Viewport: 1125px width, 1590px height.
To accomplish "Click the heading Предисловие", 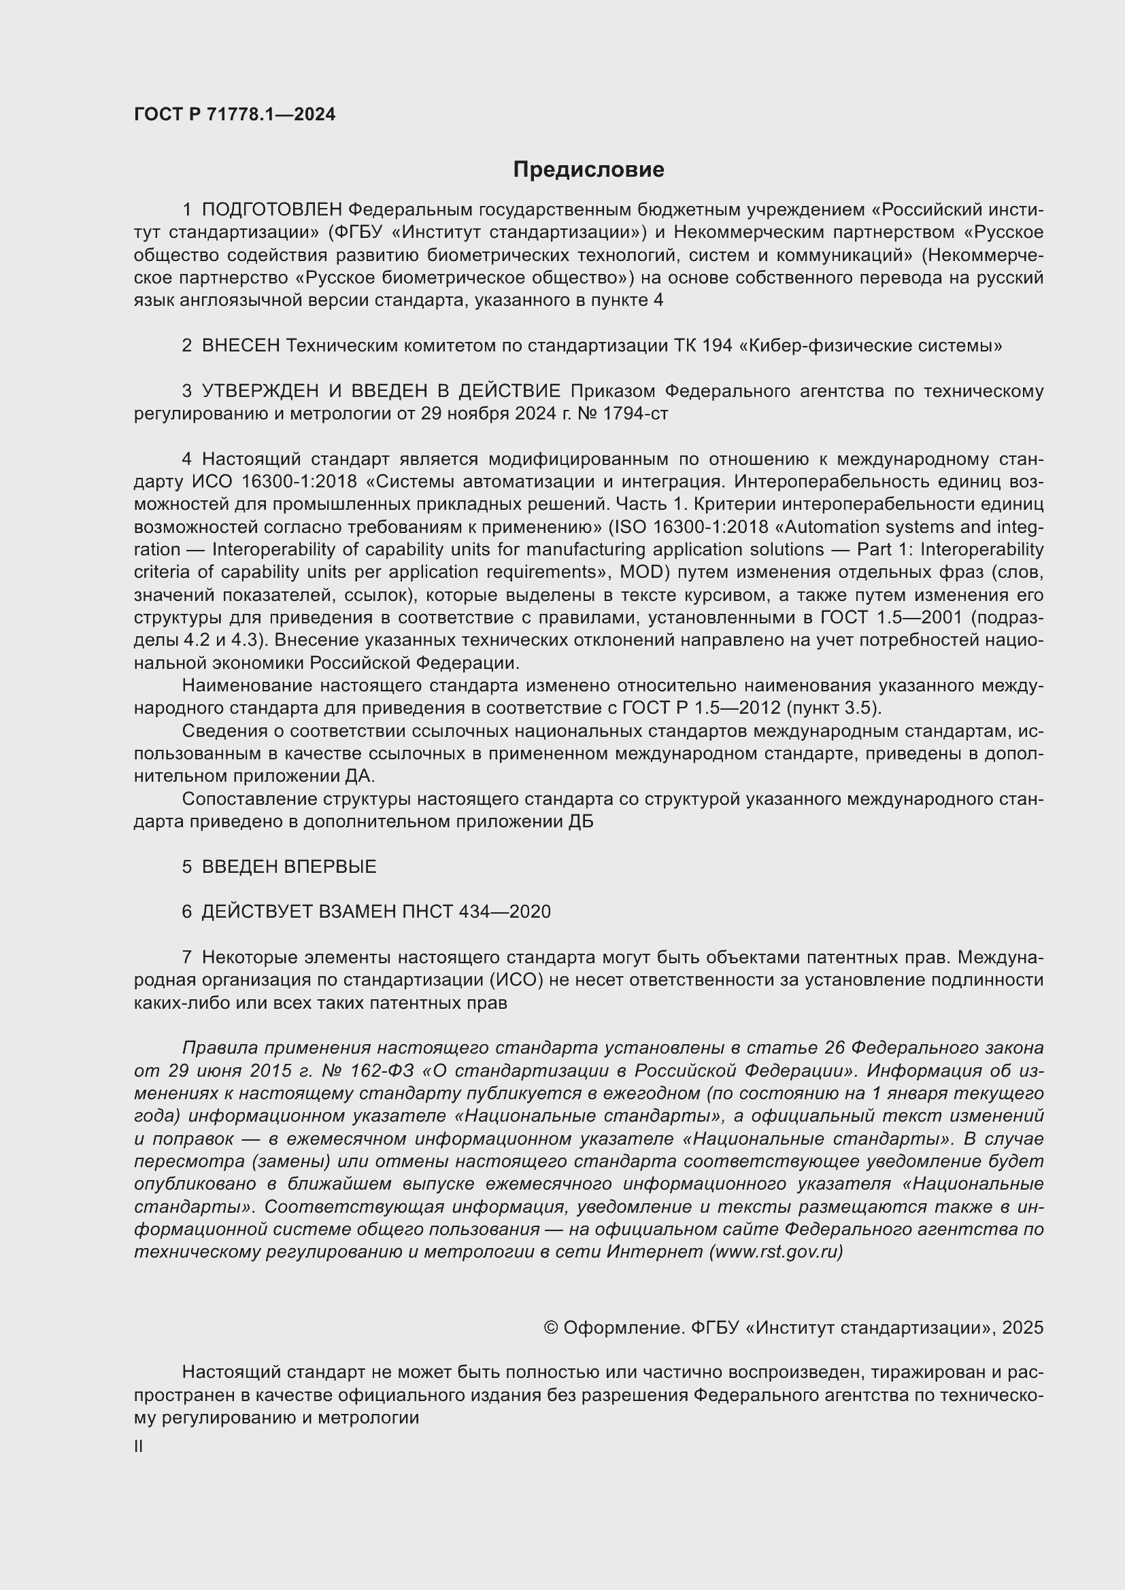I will [x=588, y=170].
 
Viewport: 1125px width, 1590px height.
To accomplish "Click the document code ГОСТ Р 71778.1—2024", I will [x=235, y=115].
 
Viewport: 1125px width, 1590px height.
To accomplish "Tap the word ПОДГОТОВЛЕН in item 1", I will [x=271, y=210].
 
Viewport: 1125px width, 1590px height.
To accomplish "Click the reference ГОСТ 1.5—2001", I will [x=892, y=617].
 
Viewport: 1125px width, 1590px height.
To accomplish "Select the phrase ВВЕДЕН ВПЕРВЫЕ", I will [x=289, y=866].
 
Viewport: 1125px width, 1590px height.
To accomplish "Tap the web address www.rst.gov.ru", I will [x=776, y=1251].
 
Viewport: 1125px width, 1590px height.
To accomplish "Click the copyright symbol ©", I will [x=551, y=1328].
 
